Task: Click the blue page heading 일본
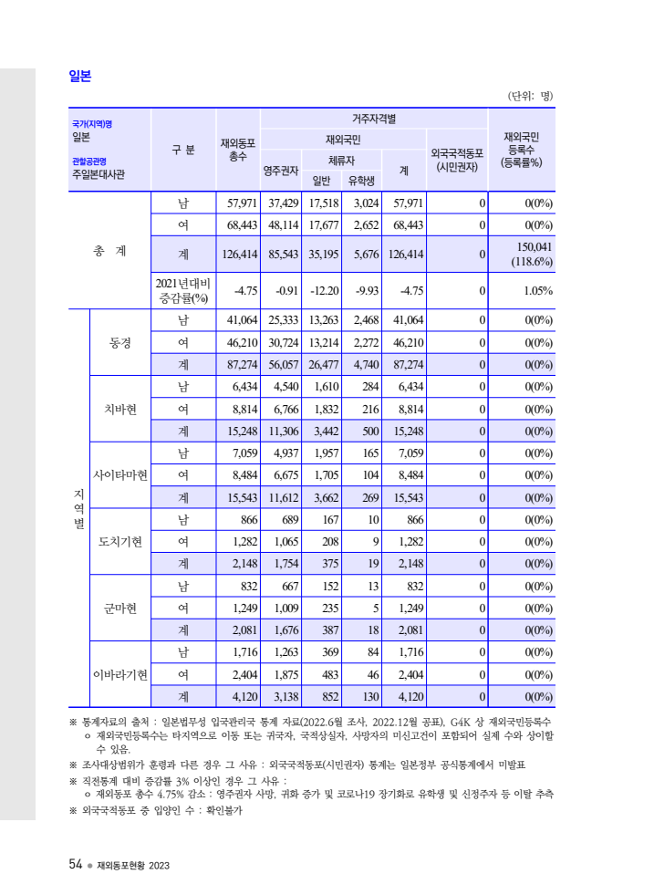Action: [80, 76]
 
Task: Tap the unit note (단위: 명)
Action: [529, 96]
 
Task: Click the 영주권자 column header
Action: [278, 170]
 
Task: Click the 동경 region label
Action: [120, 343]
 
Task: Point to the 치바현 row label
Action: [120, 409]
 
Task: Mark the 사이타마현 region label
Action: [120, 475]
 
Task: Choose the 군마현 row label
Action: [120, 608]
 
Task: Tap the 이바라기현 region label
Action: [120, 674]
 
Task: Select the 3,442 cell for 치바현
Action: [326, 432]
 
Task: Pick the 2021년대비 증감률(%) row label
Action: [183, 291]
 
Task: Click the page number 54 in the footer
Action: [76, 864]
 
